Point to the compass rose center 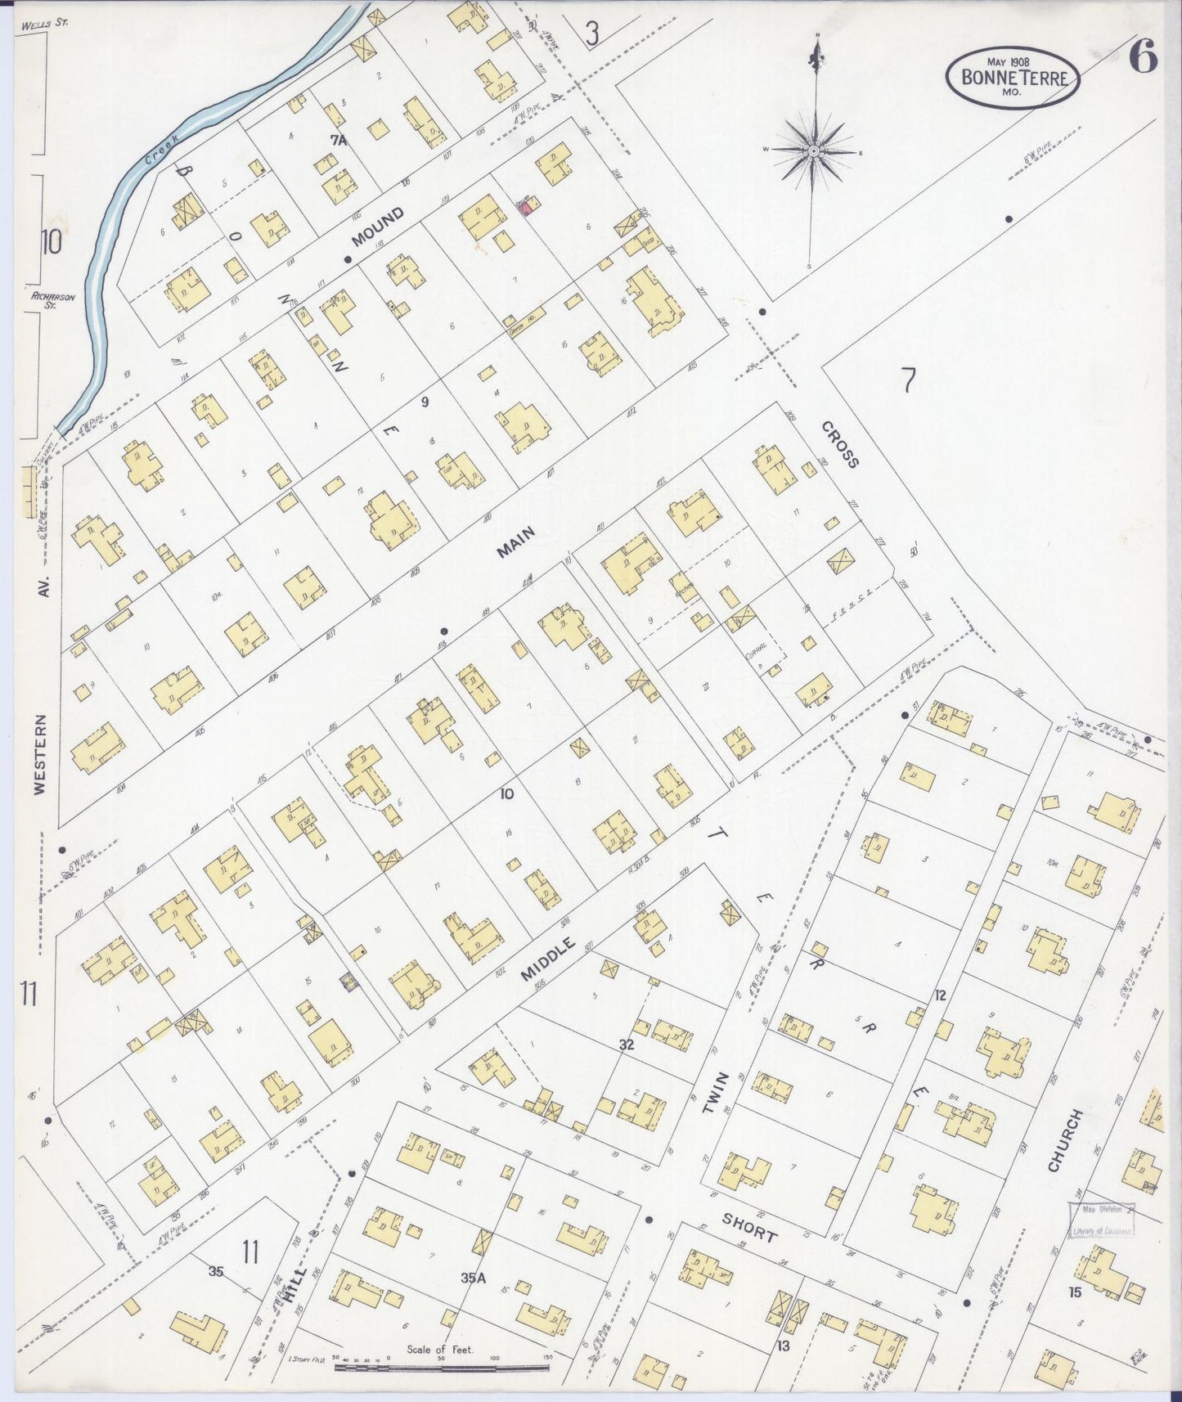(815, 152)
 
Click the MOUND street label (378, 227)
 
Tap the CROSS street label (841, 444)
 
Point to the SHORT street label (748, 1226)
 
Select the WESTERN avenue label (41, 754)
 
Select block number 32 (627, 1045)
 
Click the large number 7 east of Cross (908, 381)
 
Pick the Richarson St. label (55, 300)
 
